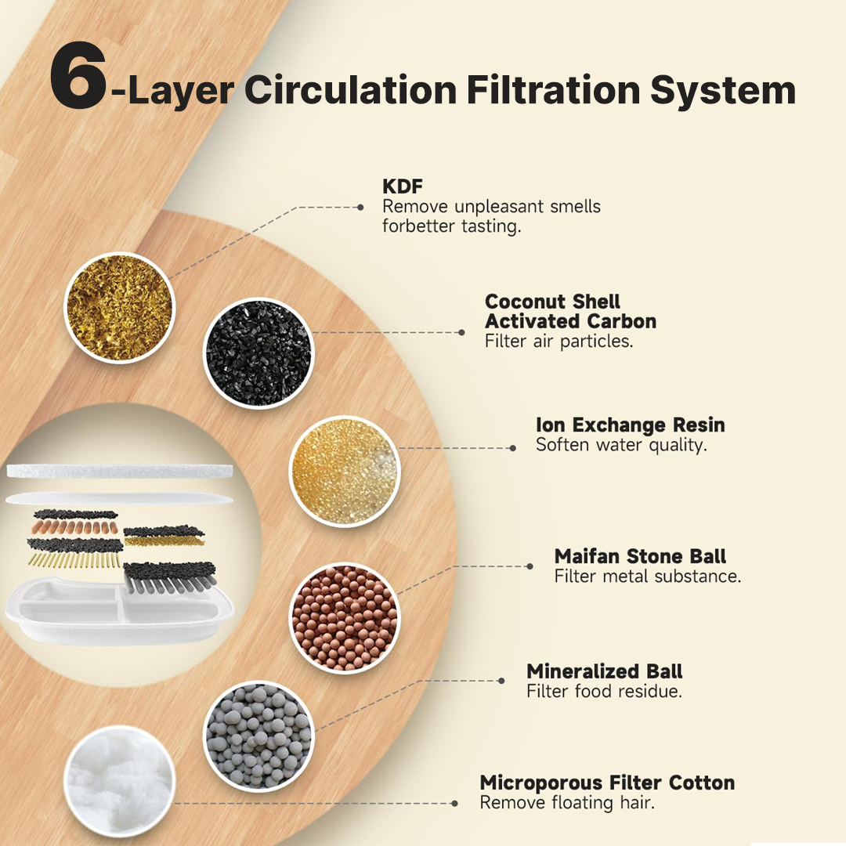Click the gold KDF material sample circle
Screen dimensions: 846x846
pyautogui.click(x=118, y=307)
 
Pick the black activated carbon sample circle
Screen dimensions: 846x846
pyautogui.click(x=258, y=353)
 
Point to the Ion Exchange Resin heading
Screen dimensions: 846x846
pyautogui.click(x=630, y=425)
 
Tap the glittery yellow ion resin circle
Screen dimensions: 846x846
pyautogui.click(x=344, y=471)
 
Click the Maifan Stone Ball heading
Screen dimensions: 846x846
pyautogui.click(x=640, y=557)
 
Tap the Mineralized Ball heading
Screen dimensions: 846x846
pyautogui.click(x=604, y=672)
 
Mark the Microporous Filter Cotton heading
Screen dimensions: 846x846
pyautogui.click(x=607, y=783)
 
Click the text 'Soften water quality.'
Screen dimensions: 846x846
pyautogui.click(x=621, y=445)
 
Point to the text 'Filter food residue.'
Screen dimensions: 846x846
pyautogui.click(x=604, y=692)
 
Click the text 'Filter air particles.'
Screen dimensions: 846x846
pyautogui.click(x=559, y=342)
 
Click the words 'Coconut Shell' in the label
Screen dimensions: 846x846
pyautogui.click(x=552, y=302)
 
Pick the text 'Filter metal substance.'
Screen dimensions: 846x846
pyautogui.click(x=647, y=577)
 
